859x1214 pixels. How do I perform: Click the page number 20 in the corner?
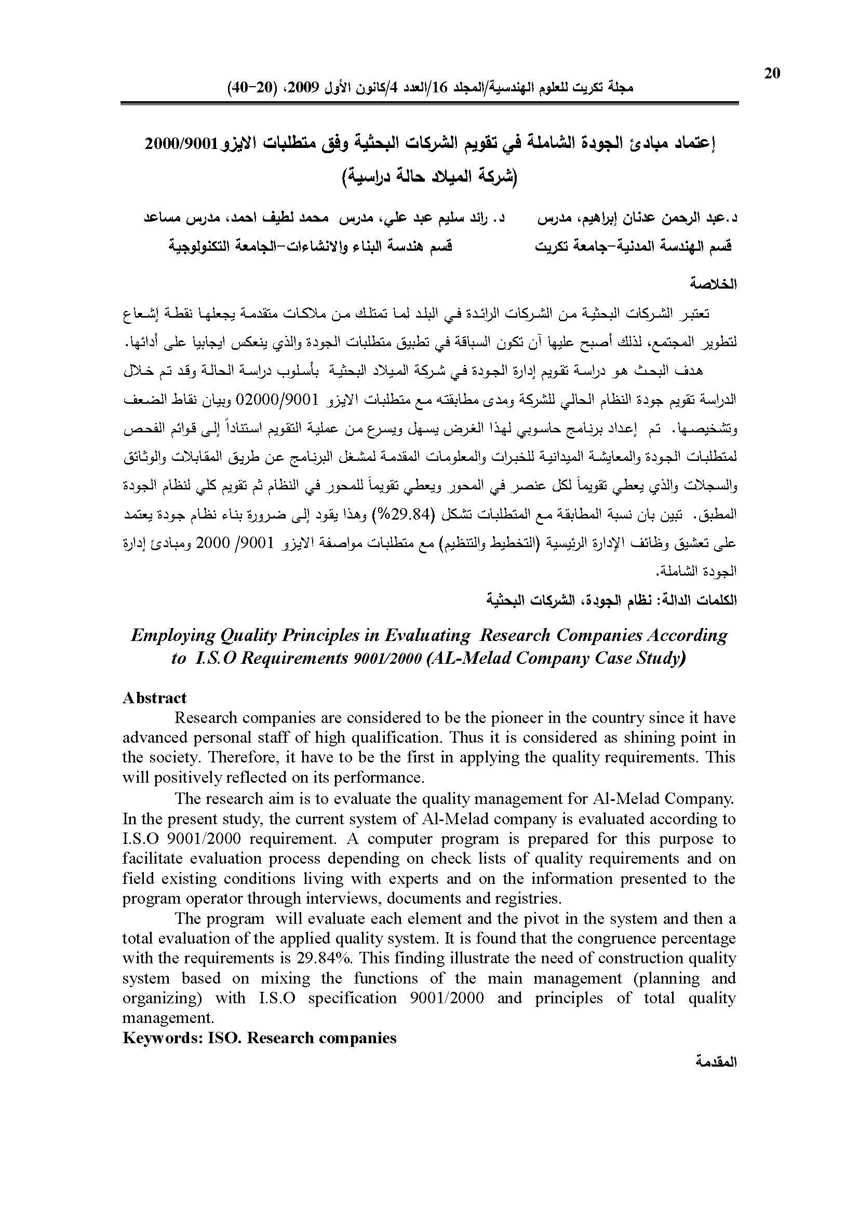click(772, 74)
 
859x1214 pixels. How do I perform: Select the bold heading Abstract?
click(154, 698)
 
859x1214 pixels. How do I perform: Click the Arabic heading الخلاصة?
click(714, 284)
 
